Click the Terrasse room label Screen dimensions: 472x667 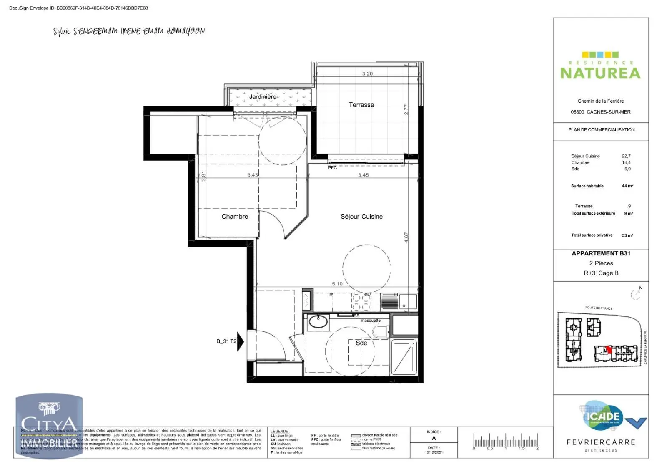coord(361,105)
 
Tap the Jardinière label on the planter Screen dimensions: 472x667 coord(263,97)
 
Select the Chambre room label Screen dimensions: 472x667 coord(234,216)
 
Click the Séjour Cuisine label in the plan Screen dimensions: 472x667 coord(361,216)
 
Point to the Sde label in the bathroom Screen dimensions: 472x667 coord(361,343)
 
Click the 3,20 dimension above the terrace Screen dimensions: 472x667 coord(367,73)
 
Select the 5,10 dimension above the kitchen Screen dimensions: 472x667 coord(337,284)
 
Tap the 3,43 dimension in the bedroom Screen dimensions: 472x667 coord(252,175)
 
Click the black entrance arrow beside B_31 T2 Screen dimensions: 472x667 coord(240,341)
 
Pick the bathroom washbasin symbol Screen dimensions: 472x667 coord(318,322)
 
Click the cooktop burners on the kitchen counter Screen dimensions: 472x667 coord(361,302)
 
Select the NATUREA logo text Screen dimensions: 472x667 coord(600,73)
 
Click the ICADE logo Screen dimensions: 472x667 coord(603,416)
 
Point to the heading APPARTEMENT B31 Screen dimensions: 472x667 coord(601,253)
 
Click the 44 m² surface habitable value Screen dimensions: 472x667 coord(627,186)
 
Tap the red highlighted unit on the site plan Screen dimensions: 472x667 coord(609,350)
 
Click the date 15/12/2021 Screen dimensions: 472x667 coord(434,452)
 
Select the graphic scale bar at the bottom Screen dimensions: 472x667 coord(505,442)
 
